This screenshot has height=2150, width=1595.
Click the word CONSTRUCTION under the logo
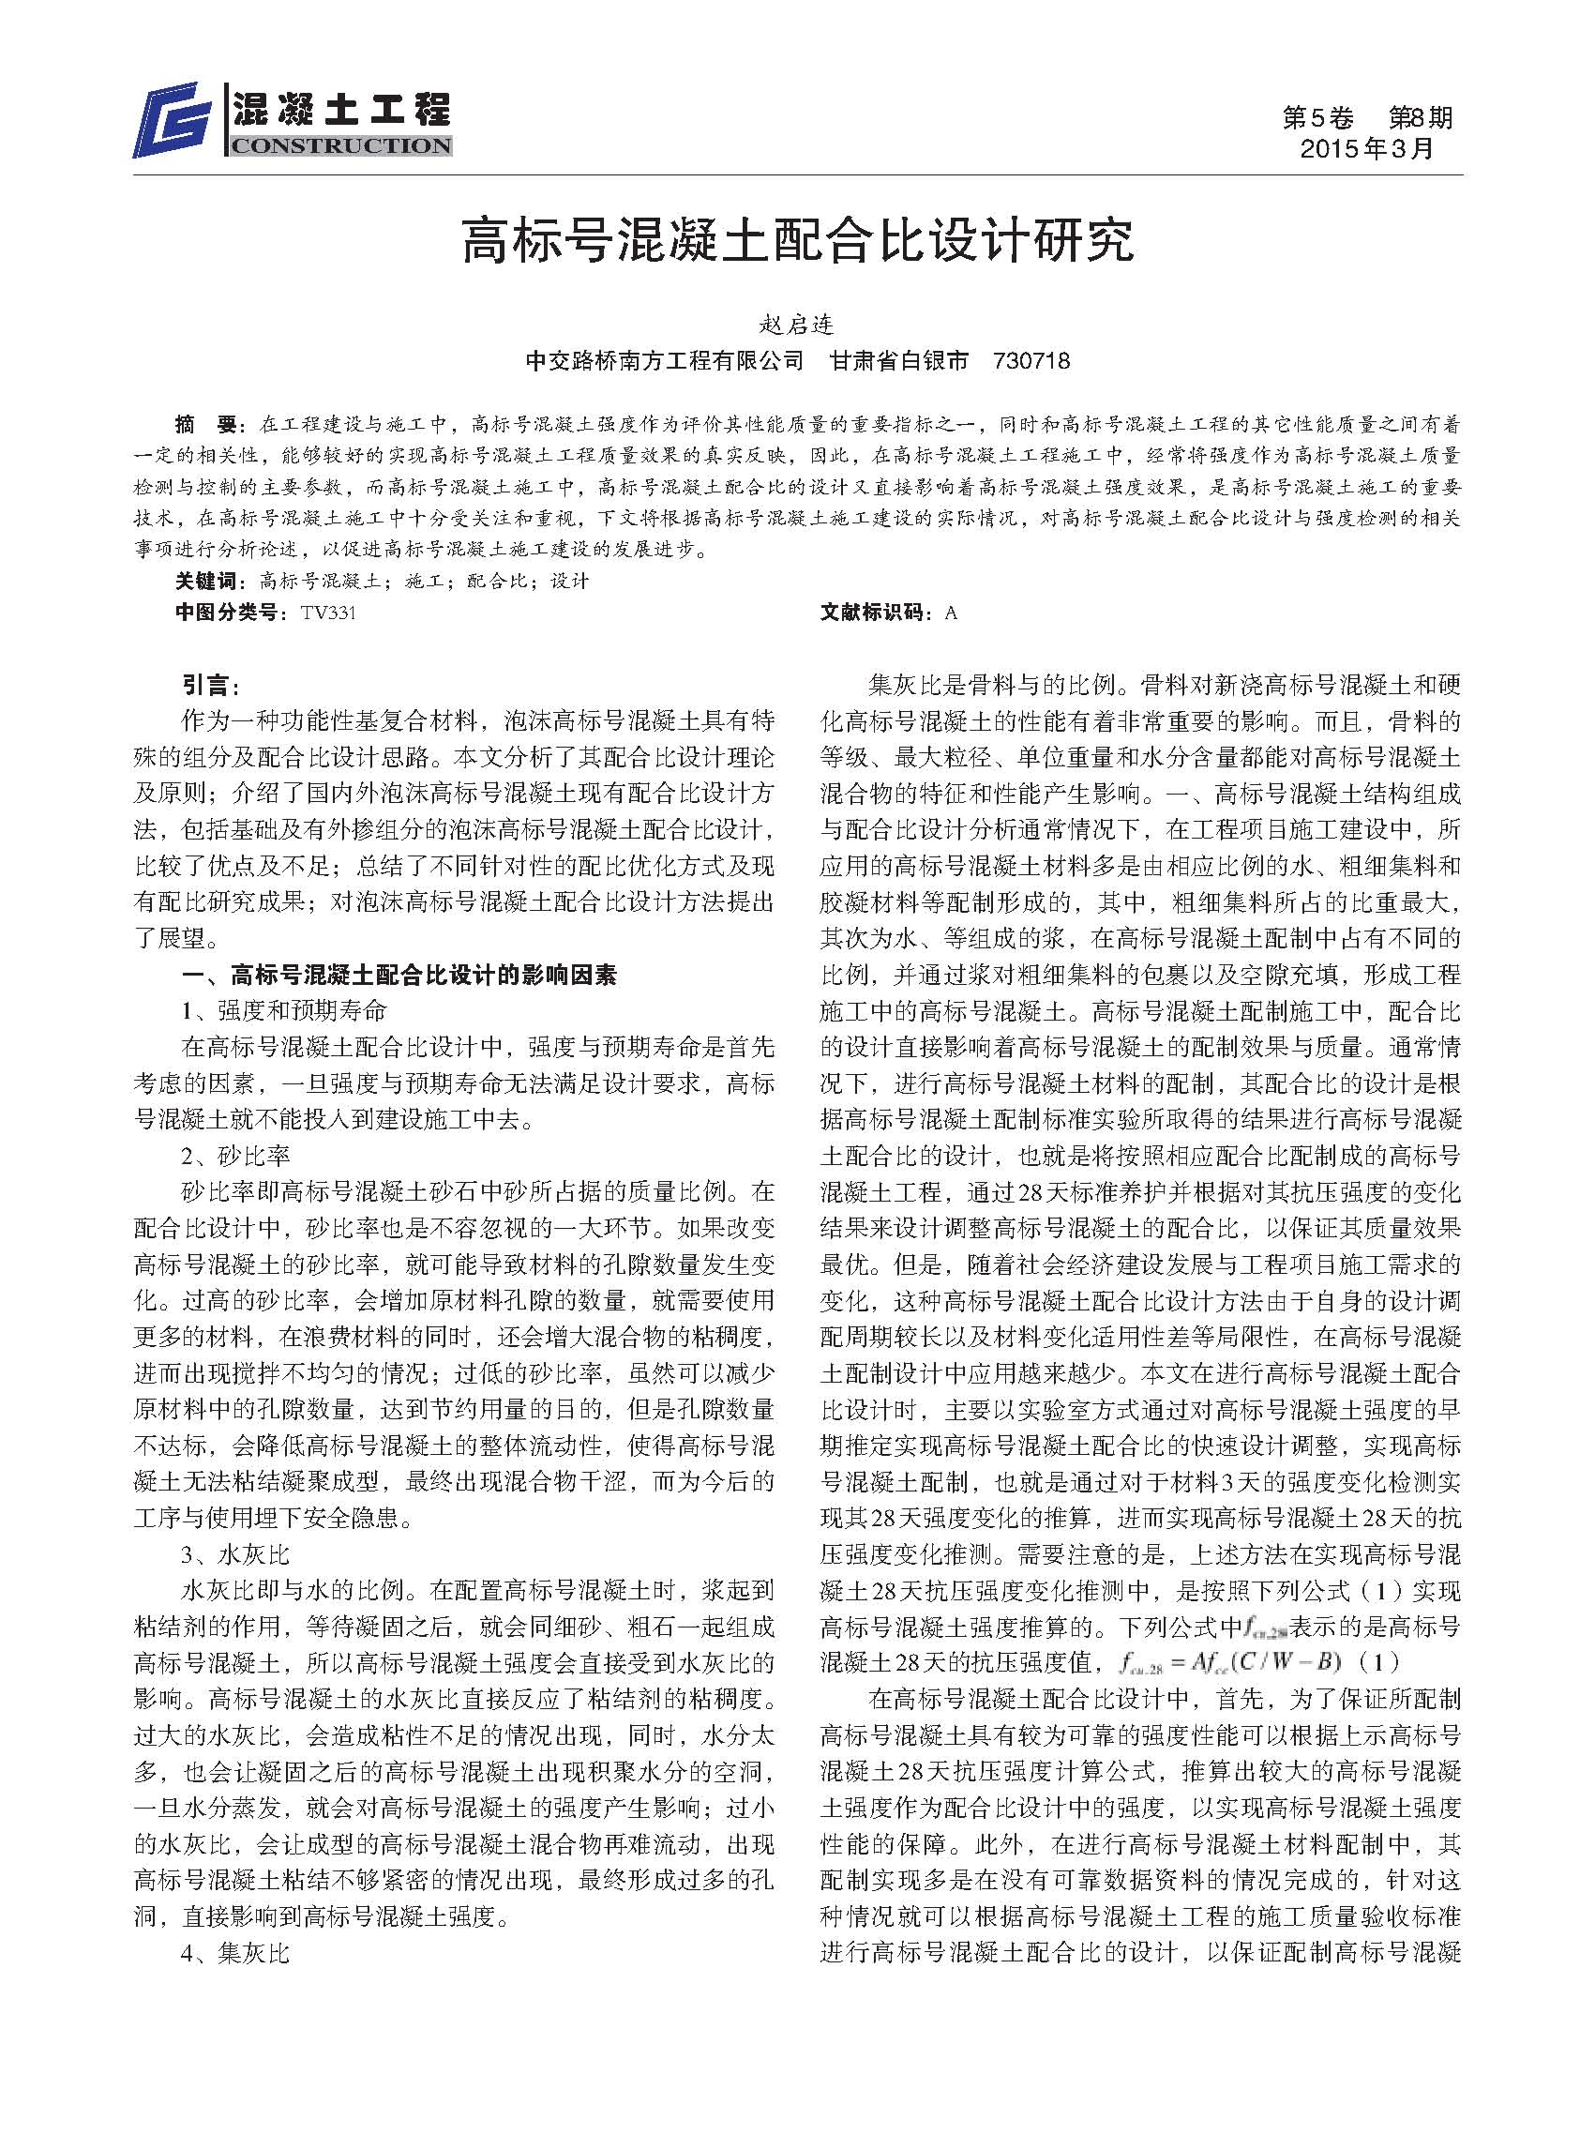pos(340,145)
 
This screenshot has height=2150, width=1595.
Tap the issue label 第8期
pos(1420,118)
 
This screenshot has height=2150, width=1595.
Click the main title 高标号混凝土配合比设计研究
pos(797,241)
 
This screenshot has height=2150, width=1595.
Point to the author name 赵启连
pos(796,325)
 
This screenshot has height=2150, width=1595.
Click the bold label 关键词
pos(204,581)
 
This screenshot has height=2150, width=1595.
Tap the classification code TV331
pos(328,612)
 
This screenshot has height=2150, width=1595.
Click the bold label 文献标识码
pos(875,612)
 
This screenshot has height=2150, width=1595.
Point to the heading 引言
pos(209,685)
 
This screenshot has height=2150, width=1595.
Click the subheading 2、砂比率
pos(234,1155)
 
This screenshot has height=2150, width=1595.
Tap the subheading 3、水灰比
pos(234,1555)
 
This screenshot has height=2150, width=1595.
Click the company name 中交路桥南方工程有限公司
pos(664,361)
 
